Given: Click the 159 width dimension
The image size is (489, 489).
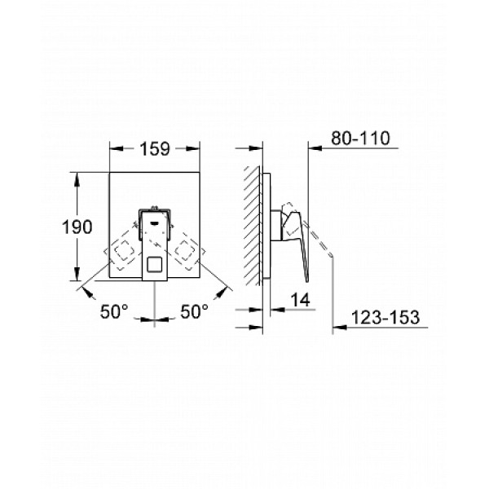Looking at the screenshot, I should point(155,149).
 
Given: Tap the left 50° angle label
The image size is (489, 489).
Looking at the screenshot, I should point(115,311).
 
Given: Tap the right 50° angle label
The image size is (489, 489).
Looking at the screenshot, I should point(194,311).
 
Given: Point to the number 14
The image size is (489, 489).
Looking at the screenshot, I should point(301,302).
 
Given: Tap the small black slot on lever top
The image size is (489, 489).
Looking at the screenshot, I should point(155,216).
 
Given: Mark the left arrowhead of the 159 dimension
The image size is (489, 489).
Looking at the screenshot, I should point(114,149).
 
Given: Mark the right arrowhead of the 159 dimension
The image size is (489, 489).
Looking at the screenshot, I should point(196,149).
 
